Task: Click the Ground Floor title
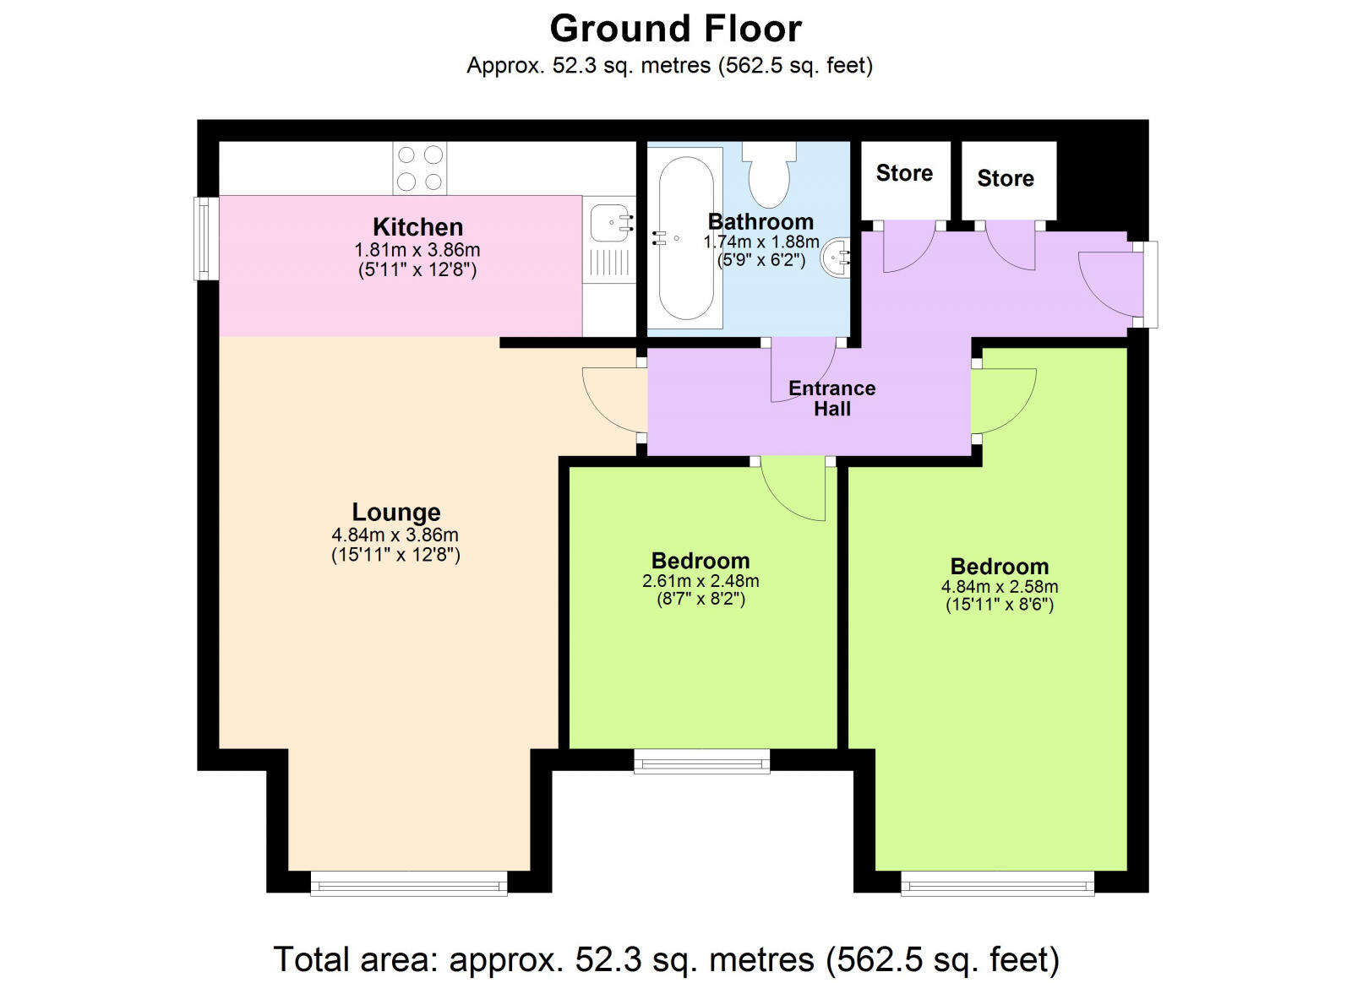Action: pos(675,29)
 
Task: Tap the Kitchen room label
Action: pos(417,227)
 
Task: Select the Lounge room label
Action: pos(396,512)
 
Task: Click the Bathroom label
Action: pos(760,221)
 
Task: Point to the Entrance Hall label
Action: pos(831,398)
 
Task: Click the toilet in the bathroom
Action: pos(769,175)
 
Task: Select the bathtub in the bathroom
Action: pos(685,238)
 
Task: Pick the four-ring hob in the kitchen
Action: pos(420,168)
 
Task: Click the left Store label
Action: pos(904,173)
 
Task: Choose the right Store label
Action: pos(1006,178)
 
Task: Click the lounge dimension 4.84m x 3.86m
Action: pos(395,535)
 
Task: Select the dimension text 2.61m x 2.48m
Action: pos(701,581)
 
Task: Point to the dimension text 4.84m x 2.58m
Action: pos(1000,586)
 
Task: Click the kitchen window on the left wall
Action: pos(206,239)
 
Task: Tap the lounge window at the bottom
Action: pos(409,883)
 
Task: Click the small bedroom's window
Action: pos(702,762)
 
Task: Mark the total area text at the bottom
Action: pos(667,959)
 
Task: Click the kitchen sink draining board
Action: pos(609,263)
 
